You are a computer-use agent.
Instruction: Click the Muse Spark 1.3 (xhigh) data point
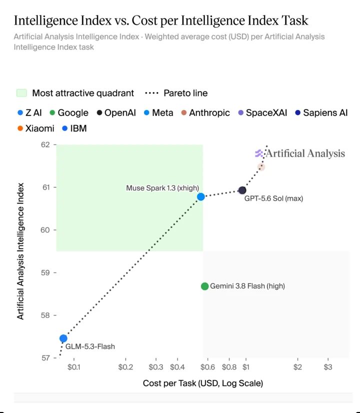(x=200, y=197)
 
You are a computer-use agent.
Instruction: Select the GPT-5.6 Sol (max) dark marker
(x=242, y=190)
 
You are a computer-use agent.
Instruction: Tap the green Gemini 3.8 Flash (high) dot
(x=204, y=286)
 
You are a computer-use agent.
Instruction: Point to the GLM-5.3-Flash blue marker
(x=63, y=338)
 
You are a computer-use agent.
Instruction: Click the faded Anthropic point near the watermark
(x=261, y=166)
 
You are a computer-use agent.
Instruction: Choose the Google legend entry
(x=69, y=112)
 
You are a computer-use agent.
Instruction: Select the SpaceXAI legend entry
(x=262, y=112)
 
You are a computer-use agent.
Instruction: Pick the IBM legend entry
(x=74, y=128)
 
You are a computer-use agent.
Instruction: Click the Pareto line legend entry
(x=176, y=93)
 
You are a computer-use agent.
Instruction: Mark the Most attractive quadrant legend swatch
(x=21, y=93)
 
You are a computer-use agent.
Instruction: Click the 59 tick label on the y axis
(x=45, y=272)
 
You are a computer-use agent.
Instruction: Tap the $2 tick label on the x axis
(x=297, y=367)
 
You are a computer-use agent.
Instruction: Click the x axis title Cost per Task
(x=203, y=383)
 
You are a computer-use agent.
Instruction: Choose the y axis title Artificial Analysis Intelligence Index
(x=20, y=251)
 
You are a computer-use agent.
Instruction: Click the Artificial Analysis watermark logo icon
(x=259, y=153)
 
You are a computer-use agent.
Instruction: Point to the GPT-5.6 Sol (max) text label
(x=273, y=198)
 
